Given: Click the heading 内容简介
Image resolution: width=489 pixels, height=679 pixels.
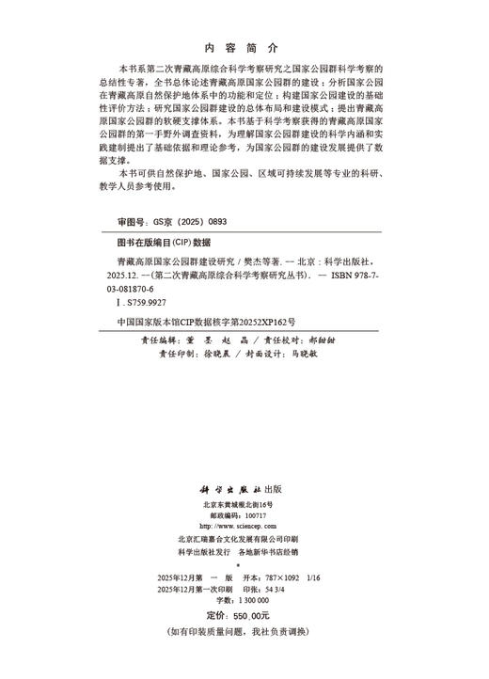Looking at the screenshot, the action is pos(244,47).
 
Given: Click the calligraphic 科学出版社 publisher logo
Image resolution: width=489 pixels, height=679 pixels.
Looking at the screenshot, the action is pos(235,490).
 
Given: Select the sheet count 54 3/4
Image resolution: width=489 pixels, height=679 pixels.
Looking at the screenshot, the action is pos(301,588).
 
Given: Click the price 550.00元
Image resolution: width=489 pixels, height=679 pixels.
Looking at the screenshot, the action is pos(261,613).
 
